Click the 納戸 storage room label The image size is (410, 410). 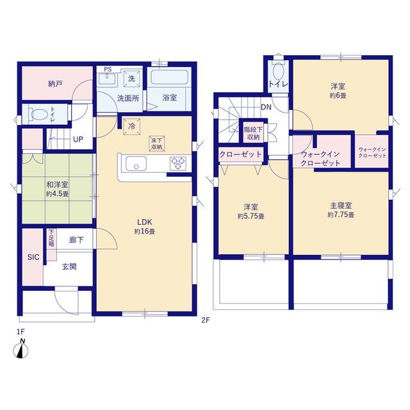coord(55,84)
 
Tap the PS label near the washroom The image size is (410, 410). coord(108,69)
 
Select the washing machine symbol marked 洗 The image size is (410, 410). coord(131,78)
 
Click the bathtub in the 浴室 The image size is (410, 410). coord(169,77)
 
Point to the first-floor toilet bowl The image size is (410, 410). coord(39,114)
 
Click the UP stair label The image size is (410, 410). coord(78,140)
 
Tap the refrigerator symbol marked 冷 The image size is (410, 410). coord(131,127)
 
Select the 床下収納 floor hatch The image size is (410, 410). coord(156,143)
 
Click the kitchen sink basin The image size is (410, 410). coord(136,164)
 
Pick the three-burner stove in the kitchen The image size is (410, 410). coord(178,163)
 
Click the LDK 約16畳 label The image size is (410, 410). coord(145,227)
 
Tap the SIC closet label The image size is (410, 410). coord(33,258)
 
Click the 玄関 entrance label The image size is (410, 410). coord(69,266)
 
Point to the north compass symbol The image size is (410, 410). coord(20,348)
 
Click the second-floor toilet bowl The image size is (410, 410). coord(278,71)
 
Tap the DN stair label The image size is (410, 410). coord(266,107)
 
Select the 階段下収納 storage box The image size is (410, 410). coord(254,133)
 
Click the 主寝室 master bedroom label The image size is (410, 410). coord(341,210)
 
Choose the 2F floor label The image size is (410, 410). coord(206,320)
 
